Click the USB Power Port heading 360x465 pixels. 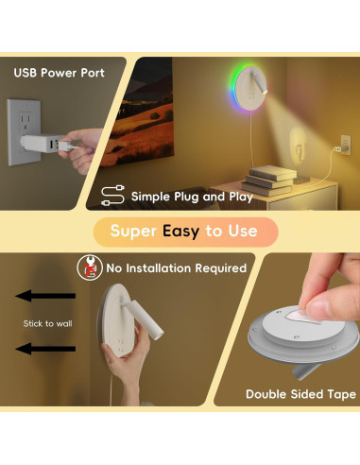(59, 73)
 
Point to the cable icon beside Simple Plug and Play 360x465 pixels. (111, 197)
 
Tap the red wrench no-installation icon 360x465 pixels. (87, 267)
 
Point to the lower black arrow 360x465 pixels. (48, 349)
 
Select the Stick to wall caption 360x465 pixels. (47, 323)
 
